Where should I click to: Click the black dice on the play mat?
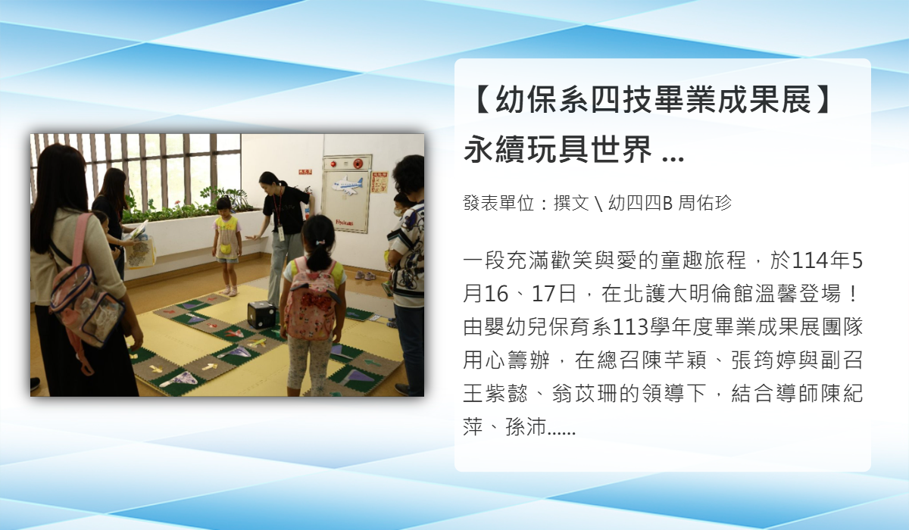pyautogui.click(x=262, y=314)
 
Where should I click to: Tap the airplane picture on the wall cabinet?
pyautogui.click(x=347, y=185)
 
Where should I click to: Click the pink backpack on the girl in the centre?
pyautogui.click(x=311, y=299)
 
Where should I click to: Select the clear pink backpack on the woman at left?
pyautogui.click(x=85, y=300)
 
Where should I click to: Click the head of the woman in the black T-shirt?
pyautogui.click(x=270, y=181)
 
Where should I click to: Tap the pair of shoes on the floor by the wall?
pyautogui.click(x=365, y=276)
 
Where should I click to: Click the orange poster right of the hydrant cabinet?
pyautogui.click(x=380, y=182)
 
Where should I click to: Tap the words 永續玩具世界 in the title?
pyautogui.click(x=558, y=149)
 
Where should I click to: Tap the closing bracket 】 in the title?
pyautogui.click(x=821, y=99)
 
